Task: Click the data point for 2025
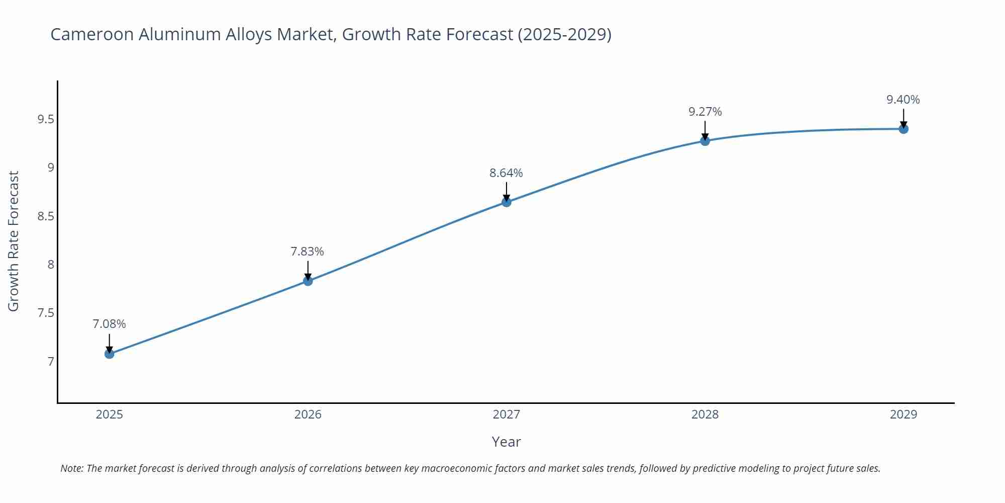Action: (110, 354)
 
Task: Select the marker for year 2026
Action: (308, 281)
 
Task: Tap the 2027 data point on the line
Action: (507, 202)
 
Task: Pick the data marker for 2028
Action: (705, 141)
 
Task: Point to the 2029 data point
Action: (903, 129)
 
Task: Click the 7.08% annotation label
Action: (109, 324)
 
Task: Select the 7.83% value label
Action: (308, 251)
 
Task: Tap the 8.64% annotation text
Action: (506, 173)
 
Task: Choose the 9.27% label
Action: (705, 112)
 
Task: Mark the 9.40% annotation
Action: (903, 100)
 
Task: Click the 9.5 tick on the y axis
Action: (45, 119)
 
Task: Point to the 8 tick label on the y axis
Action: (51, 265)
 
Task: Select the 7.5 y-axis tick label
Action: (45, 313)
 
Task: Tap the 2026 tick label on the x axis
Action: (308, 414)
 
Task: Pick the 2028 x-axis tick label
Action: (705, 414)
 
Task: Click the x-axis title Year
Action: (506, 442)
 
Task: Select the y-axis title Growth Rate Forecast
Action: (14, 241)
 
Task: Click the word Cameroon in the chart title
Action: (92, 34)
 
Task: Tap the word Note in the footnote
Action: (72, 468)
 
